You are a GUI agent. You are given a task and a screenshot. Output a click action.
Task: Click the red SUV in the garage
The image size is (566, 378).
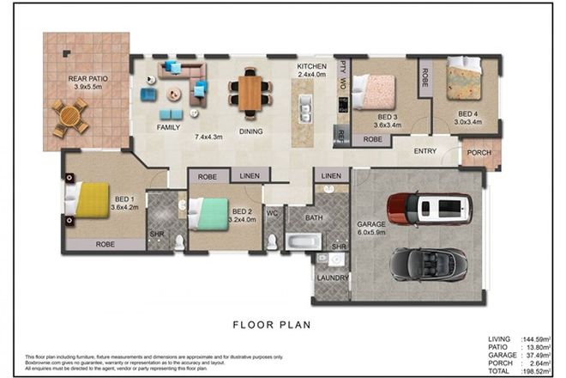click(x=429, y=207)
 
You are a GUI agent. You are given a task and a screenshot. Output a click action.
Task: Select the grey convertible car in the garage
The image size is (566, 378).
click(x=430, y=264)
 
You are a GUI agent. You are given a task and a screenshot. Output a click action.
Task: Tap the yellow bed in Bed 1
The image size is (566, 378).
click(x=91, y=199)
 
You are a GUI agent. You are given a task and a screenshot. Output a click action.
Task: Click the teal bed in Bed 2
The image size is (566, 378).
click(x=208, y=212)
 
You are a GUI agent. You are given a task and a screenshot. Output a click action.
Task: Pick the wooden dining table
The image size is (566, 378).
click(x=250, y=93)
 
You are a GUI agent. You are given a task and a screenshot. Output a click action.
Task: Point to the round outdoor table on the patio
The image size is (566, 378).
click(x=69, y=117)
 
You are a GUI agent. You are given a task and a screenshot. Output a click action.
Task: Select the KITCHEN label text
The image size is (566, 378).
click(x=311, y=66)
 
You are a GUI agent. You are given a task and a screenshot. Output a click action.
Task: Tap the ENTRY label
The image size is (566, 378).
click(x=424, y=152)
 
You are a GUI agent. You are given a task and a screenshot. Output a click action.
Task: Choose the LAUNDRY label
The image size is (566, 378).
click(x=330, y=278)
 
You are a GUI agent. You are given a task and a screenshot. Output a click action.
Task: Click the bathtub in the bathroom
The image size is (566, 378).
click(x=303, y=241)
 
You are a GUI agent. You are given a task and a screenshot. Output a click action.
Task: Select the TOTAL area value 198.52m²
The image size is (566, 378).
click(x=537, y=370)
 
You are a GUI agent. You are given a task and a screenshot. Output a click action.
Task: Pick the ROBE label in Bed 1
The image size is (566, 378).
click(x=105, y=243)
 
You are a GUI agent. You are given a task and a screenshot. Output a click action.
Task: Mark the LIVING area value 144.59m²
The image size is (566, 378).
click(x=537, y=339)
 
